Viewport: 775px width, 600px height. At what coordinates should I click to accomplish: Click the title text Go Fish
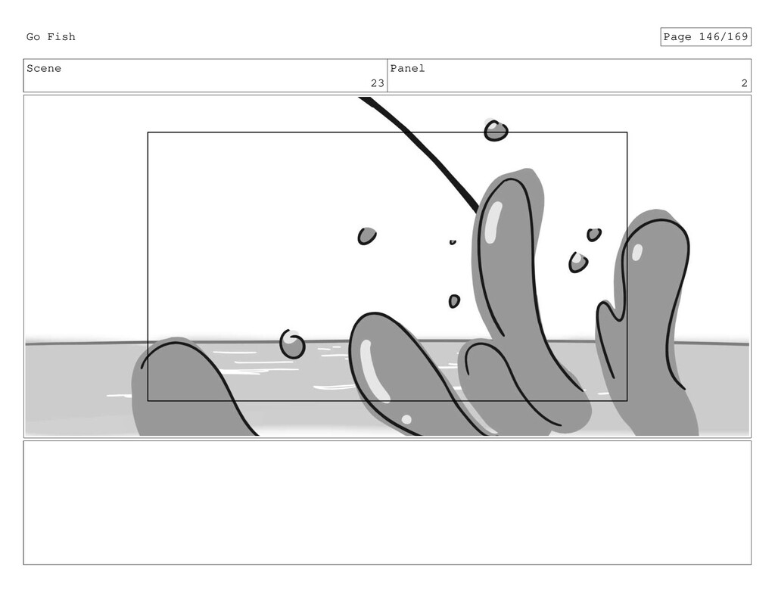[x=51, y=37]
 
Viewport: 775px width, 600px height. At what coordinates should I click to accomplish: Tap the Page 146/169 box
[x=705, y=37]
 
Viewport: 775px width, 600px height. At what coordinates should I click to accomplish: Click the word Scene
[x=44, y=69]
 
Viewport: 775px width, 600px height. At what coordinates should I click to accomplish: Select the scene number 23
[x=378, y=83]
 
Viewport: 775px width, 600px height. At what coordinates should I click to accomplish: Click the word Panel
[x=407, y=69]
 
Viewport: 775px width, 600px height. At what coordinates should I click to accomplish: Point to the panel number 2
[x=745, y=83]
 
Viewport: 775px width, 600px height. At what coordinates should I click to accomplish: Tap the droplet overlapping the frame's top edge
[x=496, y=131]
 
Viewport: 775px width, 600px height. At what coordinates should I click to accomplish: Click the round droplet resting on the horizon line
[x=292, y=344]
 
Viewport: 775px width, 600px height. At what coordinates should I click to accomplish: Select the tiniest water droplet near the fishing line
[x=453, y=242]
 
